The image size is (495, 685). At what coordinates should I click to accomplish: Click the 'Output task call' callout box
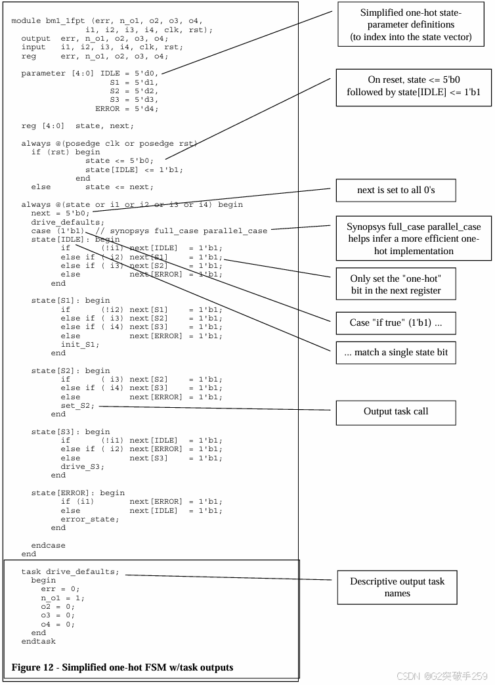(396, 412)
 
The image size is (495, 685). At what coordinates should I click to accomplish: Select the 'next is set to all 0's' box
(396, 190)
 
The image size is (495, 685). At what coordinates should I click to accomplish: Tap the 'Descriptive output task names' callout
(397, 587)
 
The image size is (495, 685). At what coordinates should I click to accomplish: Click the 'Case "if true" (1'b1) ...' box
(396, 322)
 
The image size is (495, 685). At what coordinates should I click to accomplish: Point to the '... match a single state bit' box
(396, 352)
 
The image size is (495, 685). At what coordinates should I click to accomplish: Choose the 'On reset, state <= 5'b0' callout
(414, 86)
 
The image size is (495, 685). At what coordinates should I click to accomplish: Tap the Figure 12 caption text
(122, 667)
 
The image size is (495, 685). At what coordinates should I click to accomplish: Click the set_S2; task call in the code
(77, 405)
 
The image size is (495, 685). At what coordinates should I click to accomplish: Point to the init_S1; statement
(80, 344)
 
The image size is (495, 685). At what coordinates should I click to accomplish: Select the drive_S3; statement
(82, 466)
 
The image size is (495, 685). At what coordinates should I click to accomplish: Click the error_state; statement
(90, 519)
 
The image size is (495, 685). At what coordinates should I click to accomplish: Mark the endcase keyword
(49, 545)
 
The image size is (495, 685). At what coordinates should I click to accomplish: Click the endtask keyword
(39, 641)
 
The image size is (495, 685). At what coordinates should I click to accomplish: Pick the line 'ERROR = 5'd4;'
(127, 108)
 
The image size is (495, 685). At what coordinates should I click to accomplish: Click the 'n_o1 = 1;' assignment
(62, 598)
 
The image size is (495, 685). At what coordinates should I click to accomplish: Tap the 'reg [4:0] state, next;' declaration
(77, 125)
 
